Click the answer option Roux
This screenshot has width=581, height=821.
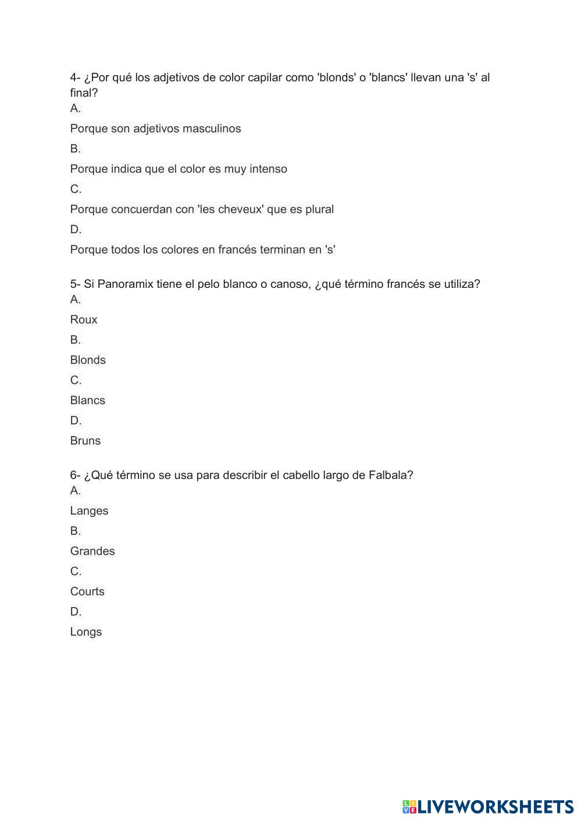(x=84, y=320)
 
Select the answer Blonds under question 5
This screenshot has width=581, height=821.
(x=88, y=360)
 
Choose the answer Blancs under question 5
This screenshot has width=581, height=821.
(x=87, y=401)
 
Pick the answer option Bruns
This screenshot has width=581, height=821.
(x=85, y=441)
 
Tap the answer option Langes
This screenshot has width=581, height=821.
(x=89, y=511)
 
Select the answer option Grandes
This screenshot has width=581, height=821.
(x=92, y=551)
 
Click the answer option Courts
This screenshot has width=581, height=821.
(x=87, y=591)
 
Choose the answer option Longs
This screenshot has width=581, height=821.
(x=85, y=632)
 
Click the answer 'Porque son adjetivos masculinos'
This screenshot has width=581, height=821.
(x=155, y=128)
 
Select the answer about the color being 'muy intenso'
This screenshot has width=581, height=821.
(x=179, y=169)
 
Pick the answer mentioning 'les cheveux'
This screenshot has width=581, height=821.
(x=202, y=209)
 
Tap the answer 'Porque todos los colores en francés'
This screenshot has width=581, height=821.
(x=202, y=250)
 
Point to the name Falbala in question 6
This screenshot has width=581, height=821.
(x=390, y=475)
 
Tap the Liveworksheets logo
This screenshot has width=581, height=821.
(x=487, y=806)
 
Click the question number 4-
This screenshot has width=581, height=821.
(x=76, y=77)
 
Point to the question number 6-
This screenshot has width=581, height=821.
(x=76, y=475)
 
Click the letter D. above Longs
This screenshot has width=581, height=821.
(x=76, y=612)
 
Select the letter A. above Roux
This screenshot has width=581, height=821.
(x=76, y=299)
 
